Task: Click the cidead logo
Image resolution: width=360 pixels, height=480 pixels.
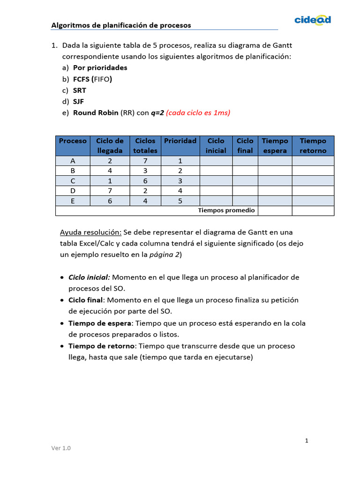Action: (313, 19)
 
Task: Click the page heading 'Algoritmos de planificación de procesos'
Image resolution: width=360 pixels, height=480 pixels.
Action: (121, 25)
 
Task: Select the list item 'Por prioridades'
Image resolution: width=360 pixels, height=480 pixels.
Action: (100, 67)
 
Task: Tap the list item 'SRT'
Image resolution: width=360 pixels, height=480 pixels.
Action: (80, 90)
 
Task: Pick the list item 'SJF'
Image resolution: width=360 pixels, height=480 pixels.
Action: (79, 101)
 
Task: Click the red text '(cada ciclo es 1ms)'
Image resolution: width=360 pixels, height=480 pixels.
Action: (198, 112)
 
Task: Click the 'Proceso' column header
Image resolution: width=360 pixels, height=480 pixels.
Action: (73, 141)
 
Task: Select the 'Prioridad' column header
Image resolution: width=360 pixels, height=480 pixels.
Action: (180, 141)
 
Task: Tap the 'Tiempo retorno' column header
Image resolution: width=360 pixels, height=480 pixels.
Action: (313, 146)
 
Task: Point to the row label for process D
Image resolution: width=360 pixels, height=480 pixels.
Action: (73, 191)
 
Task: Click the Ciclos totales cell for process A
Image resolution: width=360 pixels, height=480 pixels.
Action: (145, 161)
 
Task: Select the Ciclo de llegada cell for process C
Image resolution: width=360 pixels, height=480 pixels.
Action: (110, 181)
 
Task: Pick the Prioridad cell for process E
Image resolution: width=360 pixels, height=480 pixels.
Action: (180, 201)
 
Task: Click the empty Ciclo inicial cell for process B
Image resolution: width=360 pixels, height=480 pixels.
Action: (216, 171)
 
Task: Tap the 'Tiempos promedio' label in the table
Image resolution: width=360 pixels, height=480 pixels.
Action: (226, 210)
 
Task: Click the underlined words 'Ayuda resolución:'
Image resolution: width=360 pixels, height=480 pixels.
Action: (90, 232)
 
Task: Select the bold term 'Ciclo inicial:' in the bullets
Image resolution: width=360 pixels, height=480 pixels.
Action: (89, 277)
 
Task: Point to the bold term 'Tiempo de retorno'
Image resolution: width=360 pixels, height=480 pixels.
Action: (101, 346)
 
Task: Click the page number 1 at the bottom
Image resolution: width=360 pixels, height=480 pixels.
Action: (307, 441)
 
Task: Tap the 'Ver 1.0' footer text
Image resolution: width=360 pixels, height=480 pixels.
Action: (61, 448)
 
